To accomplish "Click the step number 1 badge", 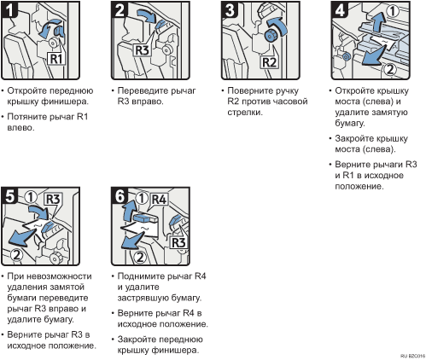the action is tap(9, 9).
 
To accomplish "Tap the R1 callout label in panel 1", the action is tap(55, 59).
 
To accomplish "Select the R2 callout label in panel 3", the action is tap(269, 61).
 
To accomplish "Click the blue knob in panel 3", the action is tap(270, 35).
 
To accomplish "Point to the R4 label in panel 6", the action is tap(159, 200).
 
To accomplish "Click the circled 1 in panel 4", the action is tap(393, 11).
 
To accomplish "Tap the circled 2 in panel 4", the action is tap(390, 69).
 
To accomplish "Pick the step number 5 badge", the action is tap(9, 195).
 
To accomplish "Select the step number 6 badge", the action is tap(120, 195).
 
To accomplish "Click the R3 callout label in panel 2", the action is tap(142, 50).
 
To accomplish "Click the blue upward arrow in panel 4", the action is tap(377, 22).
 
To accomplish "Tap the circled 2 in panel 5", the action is tap(17, 255).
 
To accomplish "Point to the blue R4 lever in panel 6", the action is tap(145, 218).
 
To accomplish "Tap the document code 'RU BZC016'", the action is tap(413, 356).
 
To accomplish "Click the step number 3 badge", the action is tap(230, 9).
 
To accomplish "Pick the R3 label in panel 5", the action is tap(53, 200).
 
